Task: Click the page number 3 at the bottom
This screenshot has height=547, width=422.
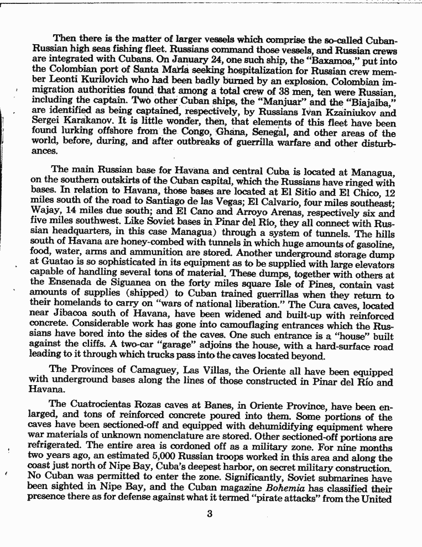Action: (210, 513)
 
